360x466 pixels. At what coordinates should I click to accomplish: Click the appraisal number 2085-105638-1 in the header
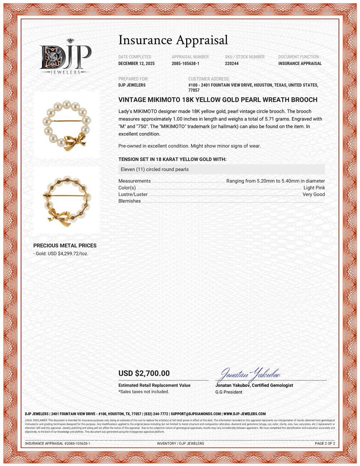pyautogui.click(x=185, y=63)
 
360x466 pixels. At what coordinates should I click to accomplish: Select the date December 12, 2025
pyautogui.click(x=136, y=63)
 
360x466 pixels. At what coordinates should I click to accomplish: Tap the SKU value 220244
pyautogui.click(x=231, y=63)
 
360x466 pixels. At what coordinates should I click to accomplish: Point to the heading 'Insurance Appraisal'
pyautogui.click(x=173, y=40)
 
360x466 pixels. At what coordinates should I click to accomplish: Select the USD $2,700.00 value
pyautogui.click(x=144, y=373)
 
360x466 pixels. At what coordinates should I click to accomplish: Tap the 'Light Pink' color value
pyautogui.click(x=314, y=188)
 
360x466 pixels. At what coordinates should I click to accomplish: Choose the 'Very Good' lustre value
pyautogui.click(x=314, y=194)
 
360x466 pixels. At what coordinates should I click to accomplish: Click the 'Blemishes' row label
pyautogui.click(x=130, y=201)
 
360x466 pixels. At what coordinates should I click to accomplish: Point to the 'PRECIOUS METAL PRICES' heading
pyautogui.click(x=65, y=246)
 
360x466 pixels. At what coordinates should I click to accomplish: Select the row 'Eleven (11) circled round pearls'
pyautogui.click(x=154, y=169)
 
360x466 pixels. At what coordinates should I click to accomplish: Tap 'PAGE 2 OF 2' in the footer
pyautogui.click(x=325, y=443)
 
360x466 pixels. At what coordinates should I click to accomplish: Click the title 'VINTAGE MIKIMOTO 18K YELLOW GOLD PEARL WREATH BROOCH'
pyautogui.click(x=218, y=100)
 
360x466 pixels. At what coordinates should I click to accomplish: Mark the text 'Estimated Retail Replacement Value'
pyautogui.click(x=154, y=385)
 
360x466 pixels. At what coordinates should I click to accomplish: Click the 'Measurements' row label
pyautogui.click(x=134, y=181)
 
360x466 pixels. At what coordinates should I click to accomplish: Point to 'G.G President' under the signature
pyautogui.click(x=229, y=392)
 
